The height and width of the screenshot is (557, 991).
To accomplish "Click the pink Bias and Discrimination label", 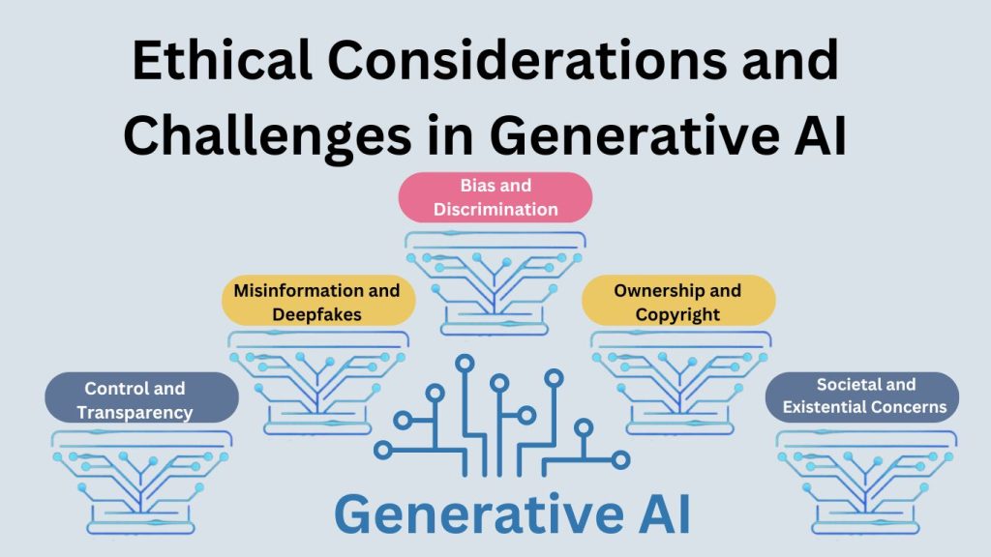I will click(x=495, y=196).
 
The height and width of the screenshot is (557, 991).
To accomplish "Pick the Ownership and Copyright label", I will click(x=677, y=302).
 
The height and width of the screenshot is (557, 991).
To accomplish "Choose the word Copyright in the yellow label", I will click(x=677, y=313).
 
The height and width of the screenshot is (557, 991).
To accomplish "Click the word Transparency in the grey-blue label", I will click(x=135, y=412).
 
